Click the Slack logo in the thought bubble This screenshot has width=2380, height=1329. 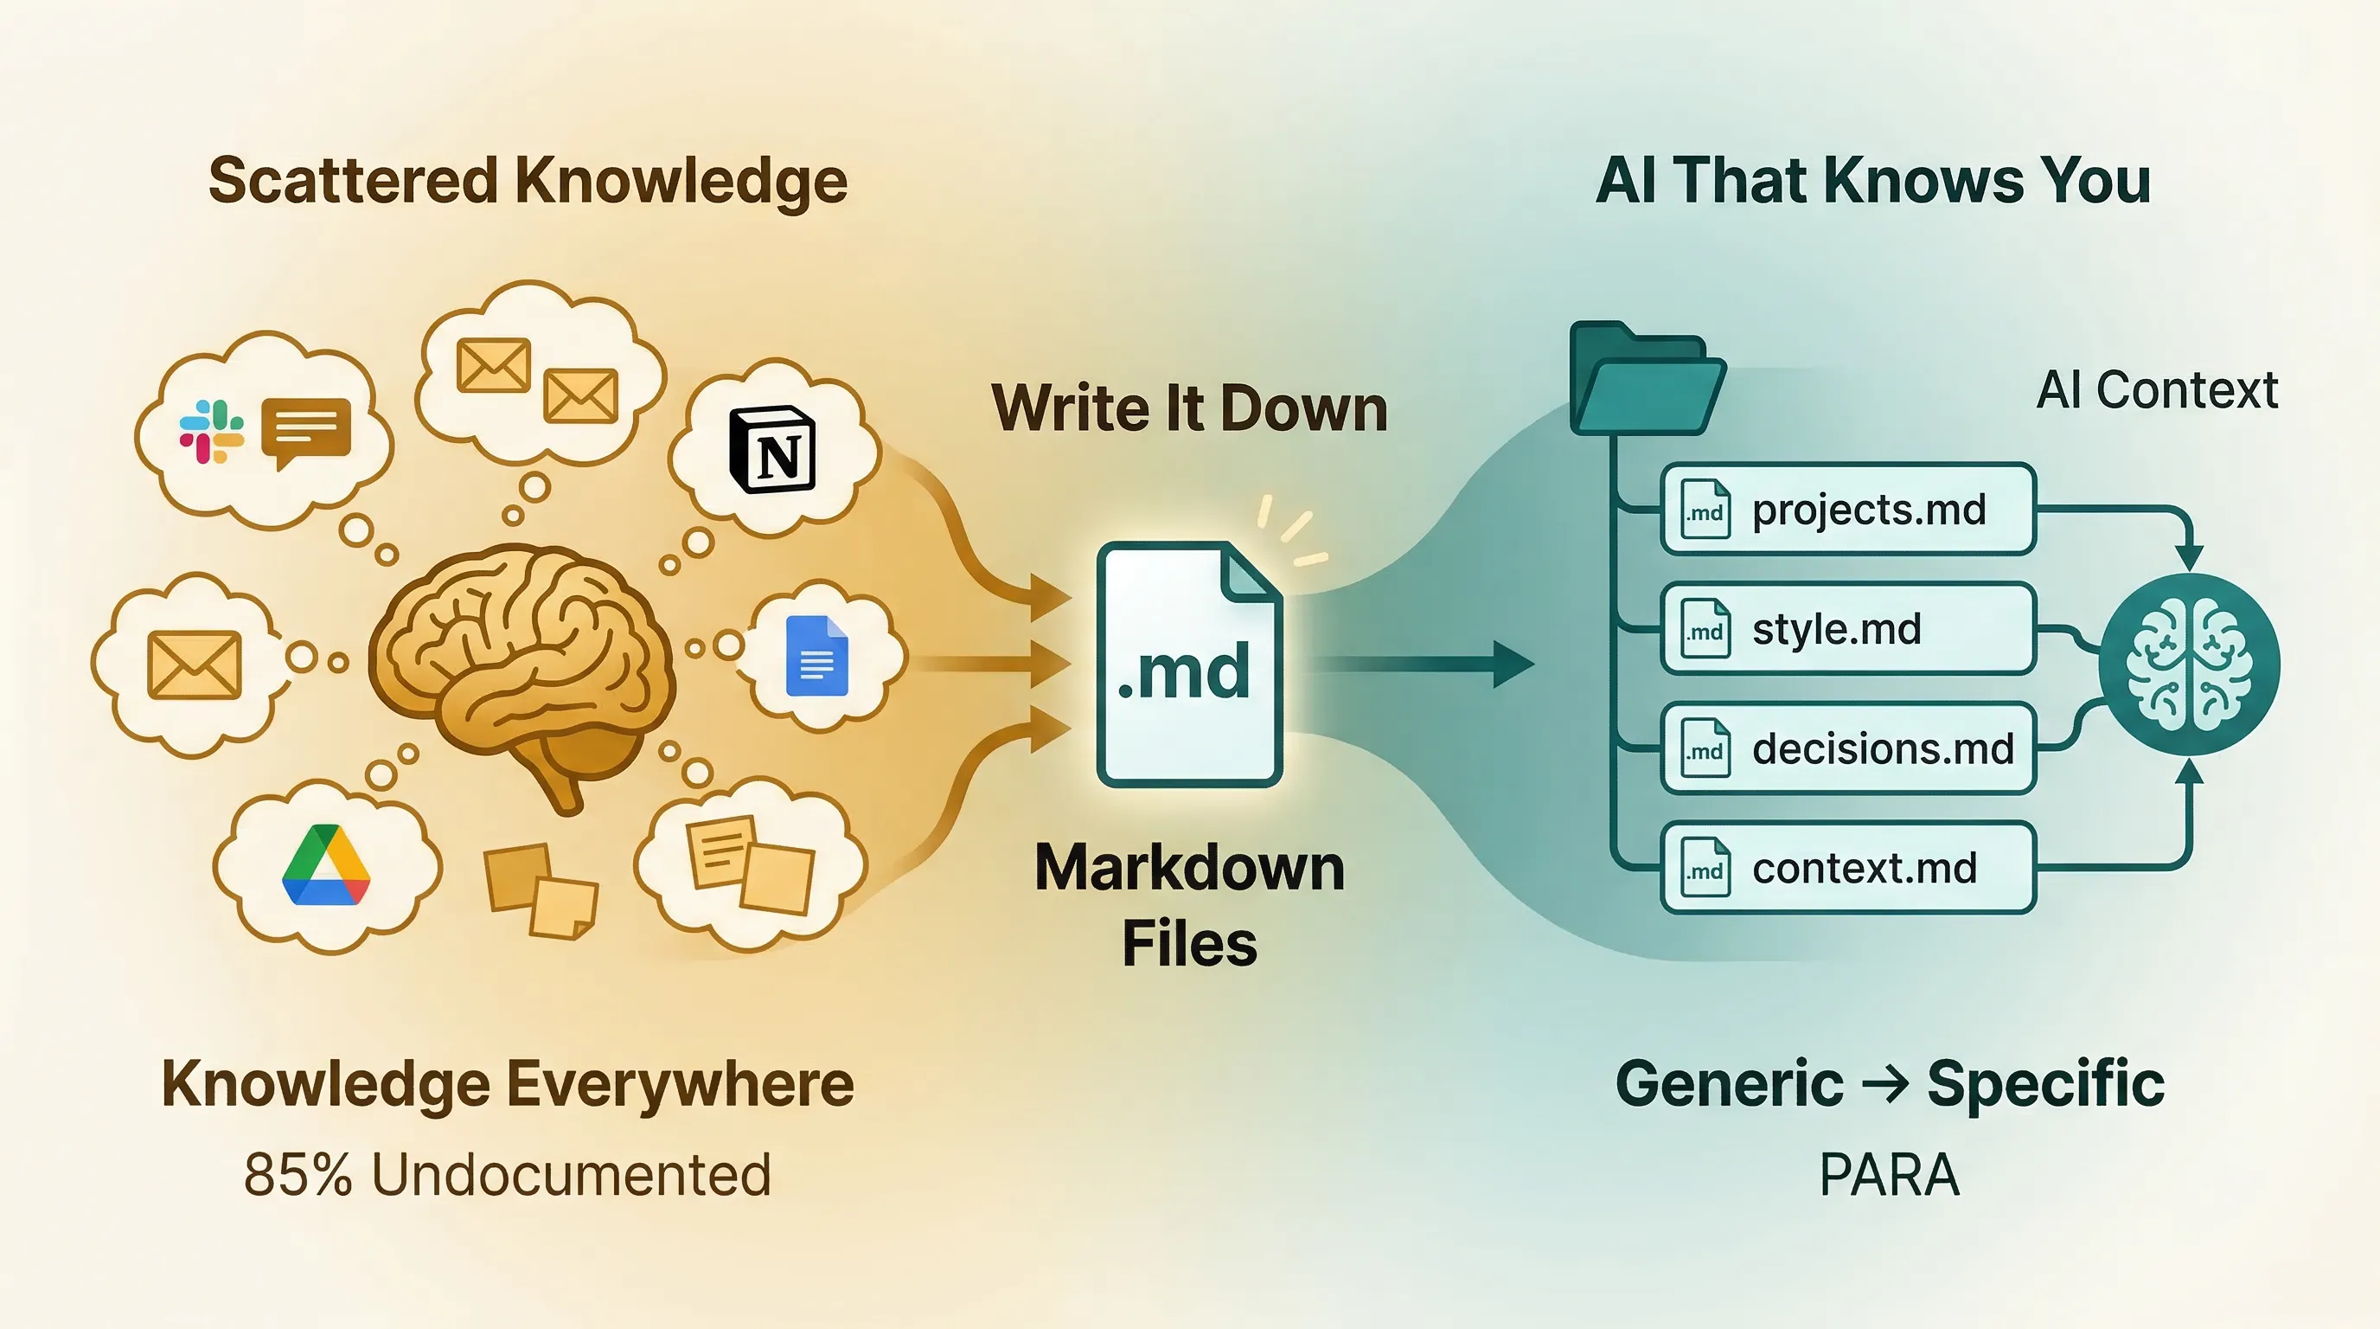pos(212,431)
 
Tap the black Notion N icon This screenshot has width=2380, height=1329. pos(772,449)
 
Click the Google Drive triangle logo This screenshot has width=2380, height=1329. pos(326,865)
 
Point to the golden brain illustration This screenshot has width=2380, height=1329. pos(520,665)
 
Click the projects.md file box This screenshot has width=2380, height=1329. pos(1848,510)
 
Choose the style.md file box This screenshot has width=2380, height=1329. pos(1848,629)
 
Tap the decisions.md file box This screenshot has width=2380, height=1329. pos(1848,748)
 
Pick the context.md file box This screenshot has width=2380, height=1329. pos(1848,868)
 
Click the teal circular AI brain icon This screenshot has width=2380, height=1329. pos(2189,664)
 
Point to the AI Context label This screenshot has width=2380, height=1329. pos(2156,390)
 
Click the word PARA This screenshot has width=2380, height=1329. pos(1889,1176)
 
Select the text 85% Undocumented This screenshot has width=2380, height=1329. pos(508,1176)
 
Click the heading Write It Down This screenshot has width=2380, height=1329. pos(1189,408)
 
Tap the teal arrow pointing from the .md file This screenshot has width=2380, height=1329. pos(1423,664)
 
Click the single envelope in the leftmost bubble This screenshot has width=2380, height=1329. pos(194,664)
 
